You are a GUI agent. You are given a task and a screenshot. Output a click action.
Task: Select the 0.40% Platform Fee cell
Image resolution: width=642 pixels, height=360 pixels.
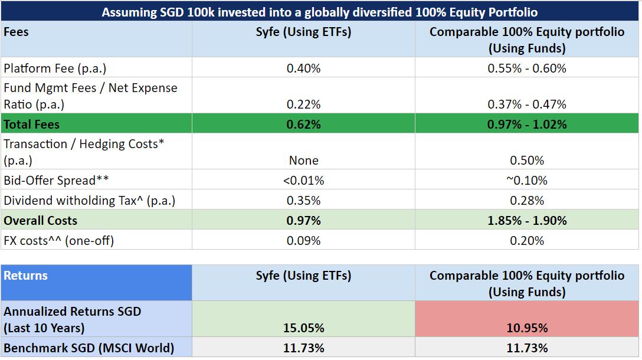coord(303,68)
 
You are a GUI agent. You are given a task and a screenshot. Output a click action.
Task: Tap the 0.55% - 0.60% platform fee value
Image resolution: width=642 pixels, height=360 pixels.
coord(526,68)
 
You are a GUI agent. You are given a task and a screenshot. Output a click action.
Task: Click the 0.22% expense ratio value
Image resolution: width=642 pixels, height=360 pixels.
coord(303,104)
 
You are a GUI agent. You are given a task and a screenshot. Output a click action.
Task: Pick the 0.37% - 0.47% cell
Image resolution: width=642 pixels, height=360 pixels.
coord(526,104)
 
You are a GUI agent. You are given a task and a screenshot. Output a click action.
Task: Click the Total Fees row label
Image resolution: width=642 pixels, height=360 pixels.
coord(32,125)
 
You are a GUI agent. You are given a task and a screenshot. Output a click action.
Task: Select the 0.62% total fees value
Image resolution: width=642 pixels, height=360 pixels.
coord(303,125)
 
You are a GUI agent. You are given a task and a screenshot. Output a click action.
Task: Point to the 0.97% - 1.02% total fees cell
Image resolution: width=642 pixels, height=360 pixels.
coord(526,125)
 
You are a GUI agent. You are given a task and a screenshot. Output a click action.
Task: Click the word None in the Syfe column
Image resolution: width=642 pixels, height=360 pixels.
coord(303,161)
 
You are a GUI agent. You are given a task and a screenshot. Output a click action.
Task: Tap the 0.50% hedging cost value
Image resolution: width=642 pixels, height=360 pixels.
coord(526,161)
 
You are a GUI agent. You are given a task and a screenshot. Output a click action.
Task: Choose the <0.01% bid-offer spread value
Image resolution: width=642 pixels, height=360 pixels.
coord(303,181)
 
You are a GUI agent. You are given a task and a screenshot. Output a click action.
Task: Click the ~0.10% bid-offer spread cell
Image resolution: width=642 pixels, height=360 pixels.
coord(526,181)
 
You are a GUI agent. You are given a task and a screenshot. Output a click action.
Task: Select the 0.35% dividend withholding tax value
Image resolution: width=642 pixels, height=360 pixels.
coord(303,201)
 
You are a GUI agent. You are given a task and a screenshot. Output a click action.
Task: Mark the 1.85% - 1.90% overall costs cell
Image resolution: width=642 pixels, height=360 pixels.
coord(526,221)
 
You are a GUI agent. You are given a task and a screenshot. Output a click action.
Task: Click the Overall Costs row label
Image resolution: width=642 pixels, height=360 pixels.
coord(40,221)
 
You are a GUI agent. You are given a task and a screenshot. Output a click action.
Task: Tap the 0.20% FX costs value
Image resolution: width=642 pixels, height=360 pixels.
coord(526,241)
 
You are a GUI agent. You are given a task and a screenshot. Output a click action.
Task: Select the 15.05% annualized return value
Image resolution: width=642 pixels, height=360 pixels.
coord(303,328)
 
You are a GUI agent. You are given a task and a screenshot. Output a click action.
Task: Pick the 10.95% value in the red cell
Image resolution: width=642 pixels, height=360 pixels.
coord(526,328)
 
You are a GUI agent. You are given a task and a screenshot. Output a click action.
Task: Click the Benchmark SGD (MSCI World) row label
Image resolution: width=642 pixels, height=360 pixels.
coord(89,348)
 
